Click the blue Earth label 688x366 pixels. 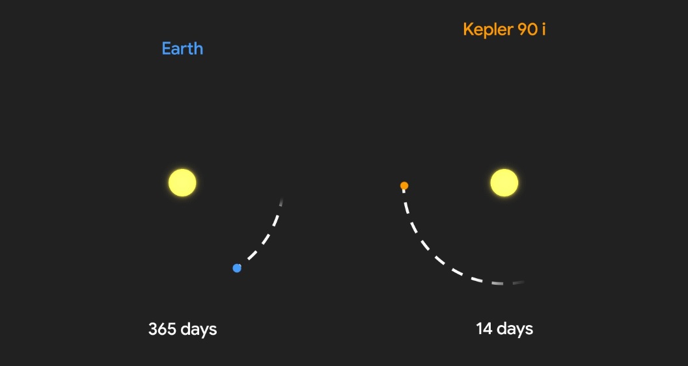tap(182, 48)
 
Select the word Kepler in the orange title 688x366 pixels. tap(488, 29)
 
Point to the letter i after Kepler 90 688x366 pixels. tap(544, 29)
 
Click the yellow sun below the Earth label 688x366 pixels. tap(182, 182)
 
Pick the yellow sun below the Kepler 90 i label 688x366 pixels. tap(504, 182)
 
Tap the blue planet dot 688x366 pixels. tap(237, 268)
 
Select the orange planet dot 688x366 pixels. tap(404, 186)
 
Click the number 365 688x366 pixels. tap(161, 329)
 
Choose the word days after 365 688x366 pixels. tap(199, 330)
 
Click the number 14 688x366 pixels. tap(484, 329)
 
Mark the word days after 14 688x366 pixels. tap(515, 330)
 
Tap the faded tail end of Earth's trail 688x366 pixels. tap(281, 202)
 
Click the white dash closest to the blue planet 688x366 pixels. tap(251, 255)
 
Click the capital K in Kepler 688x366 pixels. tap(468, 29)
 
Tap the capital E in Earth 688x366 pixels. tap(166, 48)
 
